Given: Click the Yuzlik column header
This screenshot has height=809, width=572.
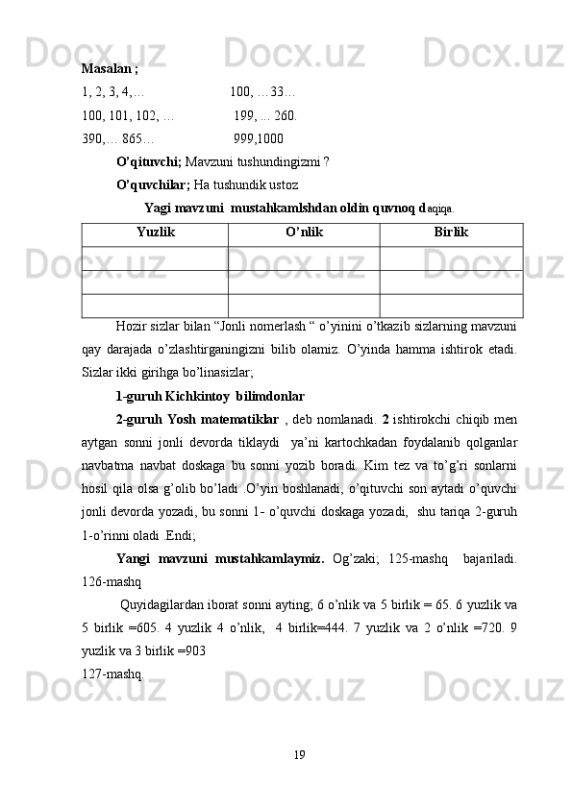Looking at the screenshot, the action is [156, 233].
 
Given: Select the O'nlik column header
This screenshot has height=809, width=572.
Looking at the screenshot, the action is [304, 233].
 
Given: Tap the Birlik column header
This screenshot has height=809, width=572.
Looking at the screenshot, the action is [451, 233].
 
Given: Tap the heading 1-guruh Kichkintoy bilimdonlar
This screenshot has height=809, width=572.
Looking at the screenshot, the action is [210, 395].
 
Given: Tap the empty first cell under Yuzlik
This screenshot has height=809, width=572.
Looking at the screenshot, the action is [156, 257].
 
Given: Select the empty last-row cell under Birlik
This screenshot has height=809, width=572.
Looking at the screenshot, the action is [451, 306].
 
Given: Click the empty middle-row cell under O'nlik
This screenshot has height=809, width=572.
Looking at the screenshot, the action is [304, 282].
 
